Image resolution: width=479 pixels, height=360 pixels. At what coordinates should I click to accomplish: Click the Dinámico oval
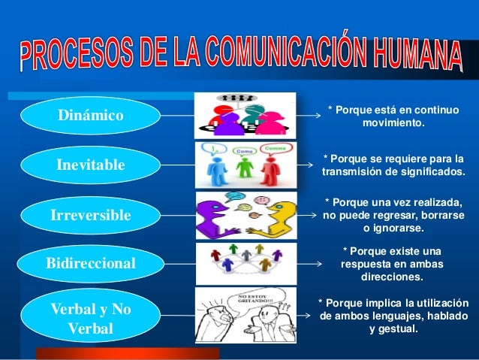click(90, 116)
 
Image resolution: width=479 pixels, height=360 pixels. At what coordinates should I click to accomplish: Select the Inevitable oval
click(90, 165)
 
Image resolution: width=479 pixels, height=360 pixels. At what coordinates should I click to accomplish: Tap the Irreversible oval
click(90, 216)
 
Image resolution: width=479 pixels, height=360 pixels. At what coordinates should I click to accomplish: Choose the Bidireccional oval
click(90, 264)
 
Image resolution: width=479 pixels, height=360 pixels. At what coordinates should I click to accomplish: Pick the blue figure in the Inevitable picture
click(216, 167)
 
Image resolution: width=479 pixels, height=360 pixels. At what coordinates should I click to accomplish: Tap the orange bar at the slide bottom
click(128, 353)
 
